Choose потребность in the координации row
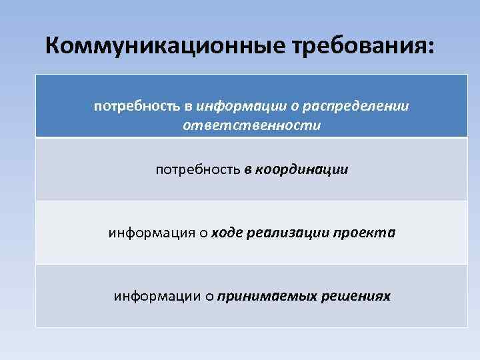(x=197, y=170)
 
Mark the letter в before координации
(x=247, y=170)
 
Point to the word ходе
(x=227, y=233)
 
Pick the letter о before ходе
(x=203, y=233)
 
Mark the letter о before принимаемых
(x=209, y=296)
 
